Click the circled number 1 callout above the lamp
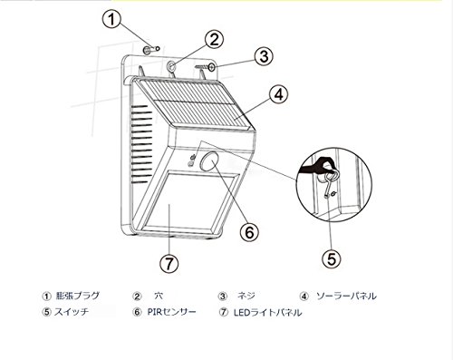point(111,19)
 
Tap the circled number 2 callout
point(214,40)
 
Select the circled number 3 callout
point(264,56)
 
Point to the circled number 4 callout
point(279,94)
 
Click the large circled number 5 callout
point(332,258)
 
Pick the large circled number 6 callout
point(249,232)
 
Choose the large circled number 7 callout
point(169,263)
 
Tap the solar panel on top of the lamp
point(193,103)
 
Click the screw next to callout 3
point(206,67)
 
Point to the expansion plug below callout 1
point(151,50)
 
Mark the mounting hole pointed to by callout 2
point(172,66)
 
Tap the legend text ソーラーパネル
point(346,296)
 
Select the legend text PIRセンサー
point(171,312)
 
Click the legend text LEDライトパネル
point(267,312)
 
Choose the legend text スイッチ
point(72,312)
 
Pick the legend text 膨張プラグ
point(77,296)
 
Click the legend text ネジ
point(246,296)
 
